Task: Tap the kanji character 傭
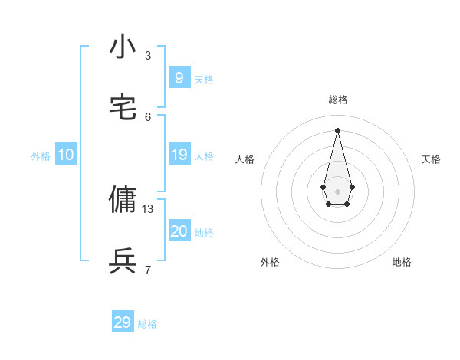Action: (x=123, y=200)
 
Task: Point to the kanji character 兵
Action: (x=123, y=261)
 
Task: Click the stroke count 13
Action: (x=148, y=208)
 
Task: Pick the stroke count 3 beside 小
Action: (x=148, y=55)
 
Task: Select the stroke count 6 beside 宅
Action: (x=148, y=116)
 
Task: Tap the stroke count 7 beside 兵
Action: (x=148, y=270)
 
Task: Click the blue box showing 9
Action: (x=179, y=77)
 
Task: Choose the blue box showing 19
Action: (x=179, y=155)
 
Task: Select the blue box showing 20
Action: (x=179, y=231)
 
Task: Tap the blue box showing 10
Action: (x=66, y=155)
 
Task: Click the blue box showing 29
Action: (x=123, y=322)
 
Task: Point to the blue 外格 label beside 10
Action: (x=41, y=156)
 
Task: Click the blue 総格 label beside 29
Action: (x=147, y=324)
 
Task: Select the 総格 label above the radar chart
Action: (x=338, y=100)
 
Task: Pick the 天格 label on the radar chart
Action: (x=432, y=159)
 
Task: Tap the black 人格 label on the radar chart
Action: (x=245, y=159)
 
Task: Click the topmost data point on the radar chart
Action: (x=337, y=129)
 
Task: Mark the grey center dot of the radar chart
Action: (x=337, y=191)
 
